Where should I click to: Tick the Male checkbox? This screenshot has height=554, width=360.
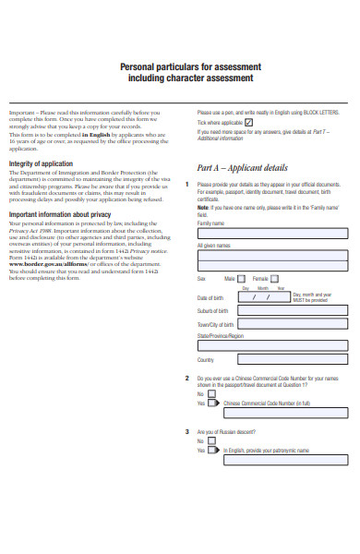pyautogui.click(x=241, y=278)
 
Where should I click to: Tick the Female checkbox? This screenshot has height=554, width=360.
pyautogui.click(x=276, y=278)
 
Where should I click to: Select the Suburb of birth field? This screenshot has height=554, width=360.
pyautogui.click(x=293, y=311)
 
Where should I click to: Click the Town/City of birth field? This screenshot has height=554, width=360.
pyautogui.click(x=293, y=325)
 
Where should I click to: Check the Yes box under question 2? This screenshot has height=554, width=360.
pyautogui.click(x=213, y=403)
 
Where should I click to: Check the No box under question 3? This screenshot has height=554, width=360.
pyautogui.click(x=213, y=441)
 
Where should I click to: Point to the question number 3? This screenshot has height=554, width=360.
pyautogui.click(x=187, y=432)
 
